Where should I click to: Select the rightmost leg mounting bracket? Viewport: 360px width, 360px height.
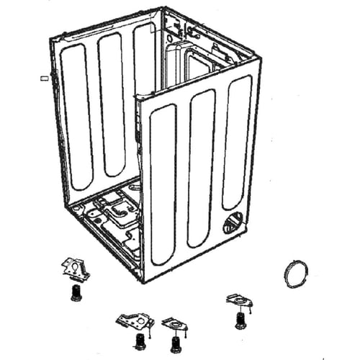pos(239,300)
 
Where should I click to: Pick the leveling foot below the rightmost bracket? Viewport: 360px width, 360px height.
pos(240,320)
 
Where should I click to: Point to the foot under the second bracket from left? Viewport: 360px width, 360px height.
pos(138,341)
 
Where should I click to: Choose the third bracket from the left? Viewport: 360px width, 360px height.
pos(174,324)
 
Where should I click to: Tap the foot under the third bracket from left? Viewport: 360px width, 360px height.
pos(174,344)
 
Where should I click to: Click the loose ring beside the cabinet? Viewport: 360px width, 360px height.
pos(295,274)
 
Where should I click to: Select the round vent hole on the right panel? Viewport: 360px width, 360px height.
pos(234,222)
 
